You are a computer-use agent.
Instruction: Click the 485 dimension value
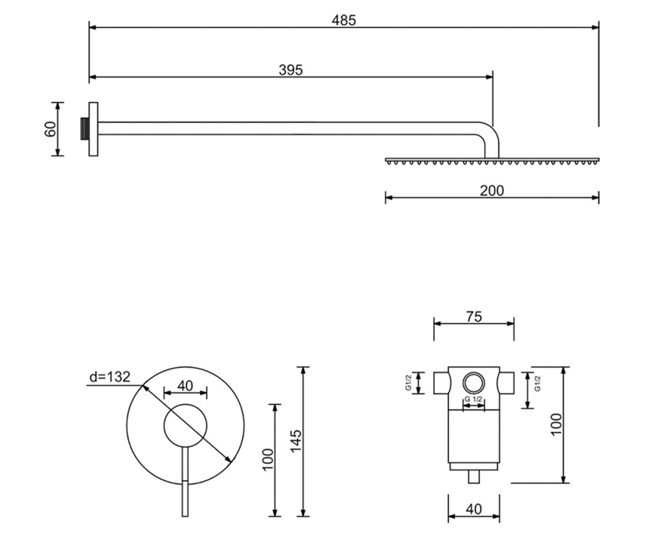click(x=343, y=20)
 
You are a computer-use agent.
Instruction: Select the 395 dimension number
click(x=290, y=70)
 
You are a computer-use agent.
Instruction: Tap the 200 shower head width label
click(x=492, y=191)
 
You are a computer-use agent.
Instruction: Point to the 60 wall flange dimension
click(x=51, y=129)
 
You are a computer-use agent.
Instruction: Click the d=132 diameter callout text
click(x=110, y=377)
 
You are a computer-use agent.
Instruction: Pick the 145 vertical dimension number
click(x=296, y=441)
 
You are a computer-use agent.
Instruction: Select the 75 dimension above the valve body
click(x=474, y=317)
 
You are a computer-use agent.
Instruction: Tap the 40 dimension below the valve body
click(x=474, y=509)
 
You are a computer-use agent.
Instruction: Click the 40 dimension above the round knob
click(x=185, y=386)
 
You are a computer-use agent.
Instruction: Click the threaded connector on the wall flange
click(x=85, y=129)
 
